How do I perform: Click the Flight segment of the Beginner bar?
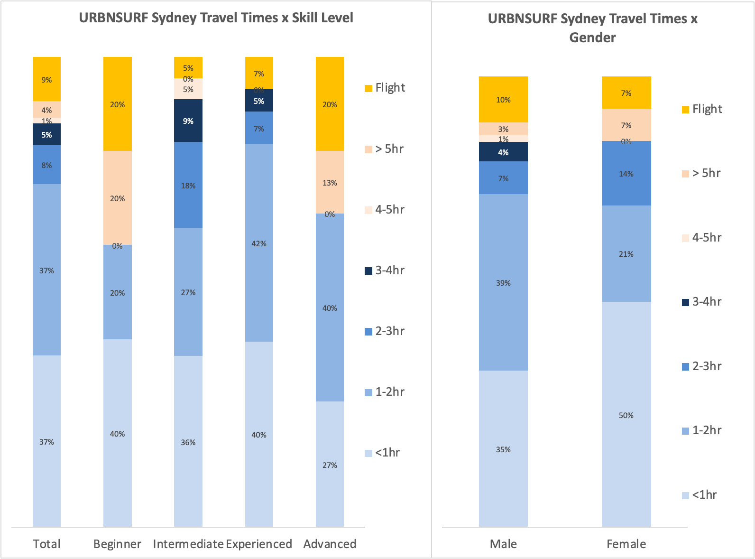(117, 104)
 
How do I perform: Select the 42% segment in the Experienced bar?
(259, 243)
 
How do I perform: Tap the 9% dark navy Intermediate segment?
(188, 121)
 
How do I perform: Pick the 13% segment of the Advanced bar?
(330, 182)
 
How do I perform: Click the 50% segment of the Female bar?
(626, 415)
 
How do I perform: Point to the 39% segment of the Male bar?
(503, 282)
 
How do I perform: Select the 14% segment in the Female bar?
(626, 173)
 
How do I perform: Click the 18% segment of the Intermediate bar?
(188, 185)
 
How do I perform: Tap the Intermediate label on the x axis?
(188, 544)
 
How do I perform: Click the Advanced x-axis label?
(330, 544)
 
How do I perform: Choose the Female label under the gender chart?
(626, 544)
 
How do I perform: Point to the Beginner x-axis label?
(117, 544)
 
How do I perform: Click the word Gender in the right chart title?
(592, 37)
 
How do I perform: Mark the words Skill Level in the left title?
(322, 18)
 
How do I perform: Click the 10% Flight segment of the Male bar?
(503, 99)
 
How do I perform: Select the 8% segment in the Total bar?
(46, 165)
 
